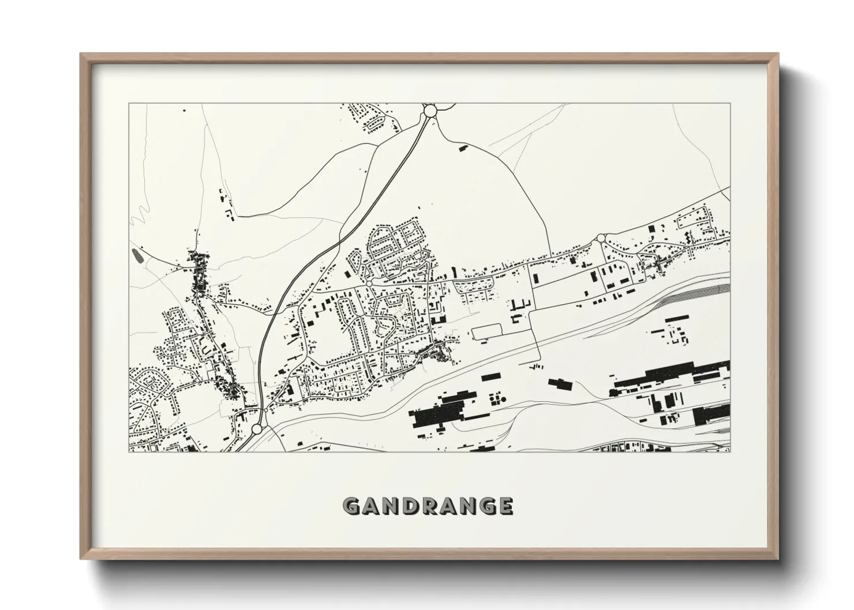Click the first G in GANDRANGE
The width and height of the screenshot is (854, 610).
352,506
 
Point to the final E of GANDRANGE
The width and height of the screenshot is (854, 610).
504,506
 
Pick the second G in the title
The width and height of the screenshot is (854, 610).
486,506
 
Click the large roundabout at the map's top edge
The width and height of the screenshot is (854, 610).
430,110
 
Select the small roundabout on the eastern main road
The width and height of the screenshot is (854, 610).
601,238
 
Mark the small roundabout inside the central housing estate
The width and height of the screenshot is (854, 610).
369,284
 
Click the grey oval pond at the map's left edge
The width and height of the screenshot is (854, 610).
136,254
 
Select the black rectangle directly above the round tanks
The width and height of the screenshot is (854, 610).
489,376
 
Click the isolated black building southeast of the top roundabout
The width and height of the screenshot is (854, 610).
462,149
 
